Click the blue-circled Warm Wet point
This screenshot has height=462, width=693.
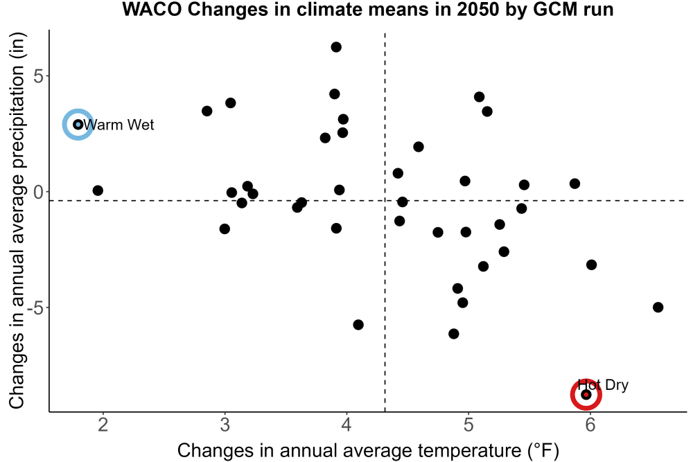(78, 125)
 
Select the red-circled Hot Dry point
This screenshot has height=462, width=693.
(586, 394)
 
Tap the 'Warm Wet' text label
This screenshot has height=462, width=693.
(119, 125)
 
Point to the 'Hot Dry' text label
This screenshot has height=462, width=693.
(603, 384)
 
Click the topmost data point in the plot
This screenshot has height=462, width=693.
(336, 47)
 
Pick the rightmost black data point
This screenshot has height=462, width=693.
(658, 307)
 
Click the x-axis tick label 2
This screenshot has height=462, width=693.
(103, 425)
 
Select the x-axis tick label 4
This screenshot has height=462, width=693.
(346, 425)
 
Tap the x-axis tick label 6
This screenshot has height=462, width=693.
(590, 425)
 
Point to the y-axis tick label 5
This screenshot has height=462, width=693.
(39, 76)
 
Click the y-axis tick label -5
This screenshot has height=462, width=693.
(35, 308)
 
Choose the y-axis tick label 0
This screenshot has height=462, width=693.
(39, 192)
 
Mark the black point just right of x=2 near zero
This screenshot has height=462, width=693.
(98, 190)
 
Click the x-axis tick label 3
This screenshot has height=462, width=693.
(225, 425)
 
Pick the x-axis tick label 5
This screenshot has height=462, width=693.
(468, 425)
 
